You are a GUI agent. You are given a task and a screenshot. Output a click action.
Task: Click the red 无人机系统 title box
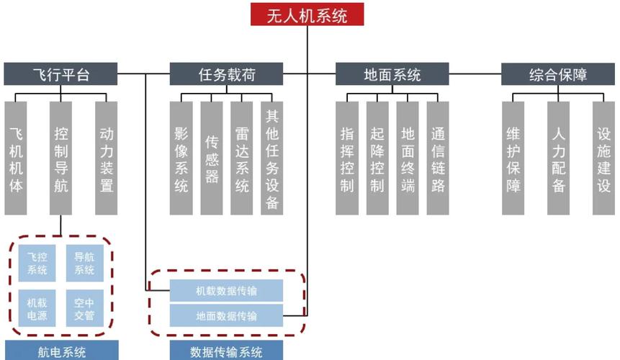pos(307,14)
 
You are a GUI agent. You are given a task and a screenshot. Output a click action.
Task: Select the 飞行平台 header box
pos(60,74)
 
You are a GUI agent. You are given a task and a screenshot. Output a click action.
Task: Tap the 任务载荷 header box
pos(227,74)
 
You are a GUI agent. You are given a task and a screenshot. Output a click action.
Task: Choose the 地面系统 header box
pos(392,74)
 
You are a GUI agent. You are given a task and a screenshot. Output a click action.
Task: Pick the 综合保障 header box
pos(558,74)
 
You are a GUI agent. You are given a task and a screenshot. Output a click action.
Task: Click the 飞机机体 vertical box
pos(16,158)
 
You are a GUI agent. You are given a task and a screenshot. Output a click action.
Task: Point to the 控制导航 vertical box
pos(61,158)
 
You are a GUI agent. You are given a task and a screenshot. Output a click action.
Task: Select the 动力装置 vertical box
pos(107,158)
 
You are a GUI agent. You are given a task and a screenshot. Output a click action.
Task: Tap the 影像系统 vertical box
pos(181,158)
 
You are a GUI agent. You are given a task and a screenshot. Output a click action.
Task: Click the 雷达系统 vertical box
pos(242,158)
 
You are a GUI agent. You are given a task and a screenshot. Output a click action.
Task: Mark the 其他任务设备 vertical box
pos(272,158)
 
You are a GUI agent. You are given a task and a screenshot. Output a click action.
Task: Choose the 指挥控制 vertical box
pos(347,158)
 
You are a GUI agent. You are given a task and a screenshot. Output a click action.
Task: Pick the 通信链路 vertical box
pos(438,158)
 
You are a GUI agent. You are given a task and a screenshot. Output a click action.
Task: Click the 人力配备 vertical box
pos(558,158)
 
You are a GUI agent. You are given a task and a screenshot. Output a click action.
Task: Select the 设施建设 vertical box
pos(603,158)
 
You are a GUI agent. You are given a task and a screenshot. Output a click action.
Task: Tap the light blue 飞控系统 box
pos(37,264)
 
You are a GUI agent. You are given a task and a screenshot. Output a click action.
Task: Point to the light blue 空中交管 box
pos(84,308)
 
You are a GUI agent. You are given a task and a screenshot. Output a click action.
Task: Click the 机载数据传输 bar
pos(226,291)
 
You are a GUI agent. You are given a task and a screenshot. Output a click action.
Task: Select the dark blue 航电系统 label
pos(61,352)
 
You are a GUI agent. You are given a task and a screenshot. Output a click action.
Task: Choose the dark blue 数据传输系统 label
pos(226,352)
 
